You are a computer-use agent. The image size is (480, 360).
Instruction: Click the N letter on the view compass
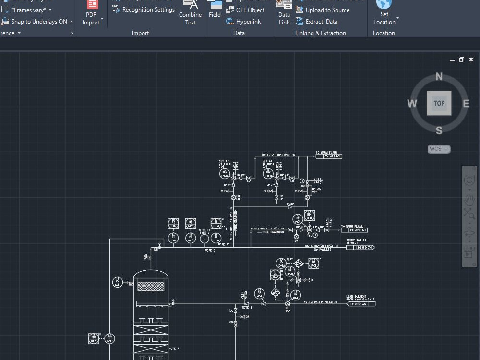pyautogui.click(x=439, y=77)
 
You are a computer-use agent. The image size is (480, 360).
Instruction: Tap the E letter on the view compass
pyautogui.click(x=466, y=103)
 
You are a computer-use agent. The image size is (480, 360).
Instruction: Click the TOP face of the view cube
pyautogui.click(x=439, y=103)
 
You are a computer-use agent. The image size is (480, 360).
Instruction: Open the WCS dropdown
pyautogui.click(x=439, y=149)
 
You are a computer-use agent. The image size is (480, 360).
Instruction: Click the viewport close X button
pyautogui.click(x=471, y=60)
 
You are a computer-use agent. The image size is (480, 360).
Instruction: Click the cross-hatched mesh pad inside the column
pyautogui.click(x=151, y=286)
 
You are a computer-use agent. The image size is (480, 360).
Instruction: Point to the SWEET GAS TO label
pyautogui.click(x=356, y=240)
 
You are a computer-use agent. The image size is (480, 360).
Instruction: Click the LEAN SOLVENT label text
pyautogui.click(x=356, y=297)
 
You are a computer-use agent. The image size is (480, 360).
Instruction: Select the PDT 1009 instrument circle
pyautogui.click(x=110, y=338)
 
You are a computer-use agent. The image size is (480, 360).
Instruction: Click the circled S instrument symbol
pyautogui.click(x=204, y=239)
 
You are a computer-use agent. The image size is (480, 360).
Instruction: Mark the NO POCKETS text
pyautogui.click(x=322, y=250)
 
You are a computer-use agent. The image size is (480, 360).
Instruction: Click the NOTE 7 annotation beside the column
pyautogui.click(x=174, y=348)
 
